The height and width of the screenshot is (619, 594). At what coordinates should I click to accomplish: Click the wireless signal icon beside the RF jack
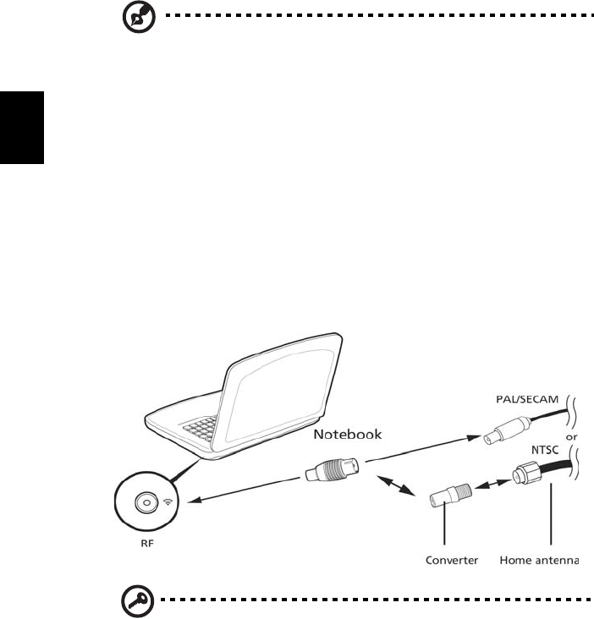click(x=166, y=501)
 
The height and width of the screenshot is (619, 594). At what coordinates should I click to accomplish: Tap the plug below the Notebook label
click(x=332, y=470)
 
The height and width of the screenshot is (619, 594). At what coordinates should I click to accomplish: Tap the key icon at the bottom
click(x=134, y=604)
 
